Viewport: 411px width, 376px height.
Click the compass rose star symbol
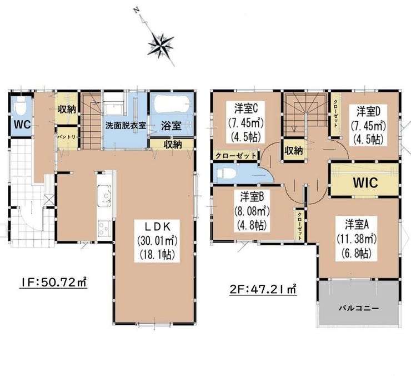[x=161, y=45]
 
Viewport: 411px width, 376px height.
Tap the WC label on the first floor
[x=22, y=125]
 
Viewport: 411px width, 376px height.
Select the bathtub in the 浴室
[x=172, y=105]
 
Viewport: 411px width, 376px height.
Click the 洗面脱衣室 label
[x=126, y=125]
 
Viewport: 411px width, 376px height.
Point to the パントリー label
[x=67, y=137]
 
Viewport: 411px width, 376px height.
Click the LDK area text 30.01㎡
[x=157, y=241]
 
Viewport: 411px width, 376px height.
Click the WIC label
[x=365, y=182]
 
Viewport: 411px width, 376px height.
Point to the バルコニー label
[x=359, y=308]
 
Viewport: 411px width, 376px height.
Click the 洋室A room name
[x=357, y=225]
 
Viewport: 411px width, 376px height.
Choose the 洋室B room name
[x=252, y=197]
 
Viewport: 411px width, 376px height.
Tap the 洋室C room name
[x=246, y=108]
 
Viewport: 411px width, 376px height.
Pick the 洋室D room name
[x=368, y=112]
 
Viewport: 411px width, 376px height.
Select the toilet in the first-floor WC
[x=19, y=107]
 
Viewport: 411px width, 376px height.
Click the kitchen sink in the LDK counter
[x=104, y=196]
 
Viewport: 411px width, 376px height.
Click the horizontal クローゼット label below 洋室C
[x=235, y=156]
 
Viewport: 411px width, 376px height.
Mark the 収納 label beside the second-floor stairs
[x=294, y=151]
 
